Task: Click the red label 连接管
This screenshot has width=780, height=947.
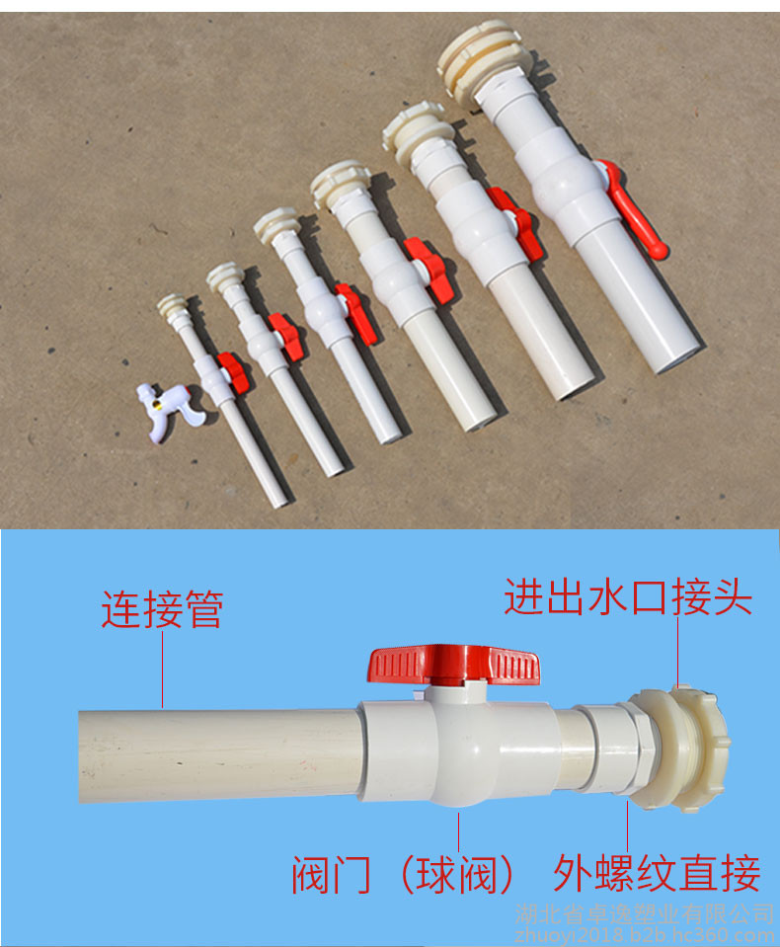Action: (x=162, y=608)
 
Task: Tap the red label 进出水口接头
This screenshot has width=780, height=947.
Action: (x=628, y=596)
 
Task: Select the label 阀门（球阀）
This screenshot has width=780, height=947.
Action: (x=403, y=875)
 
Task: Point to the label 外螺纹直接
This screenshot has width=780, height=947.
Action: (x=657, y=873)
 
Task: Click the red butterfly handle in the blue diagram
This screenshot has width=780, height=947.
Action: (x=453, y=665)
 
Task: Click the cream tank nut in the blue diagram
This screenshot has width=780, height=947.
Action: (x=679, y=749)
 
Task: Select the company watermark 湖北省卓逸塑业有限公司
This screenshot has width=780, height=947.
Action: (x=644, y=913)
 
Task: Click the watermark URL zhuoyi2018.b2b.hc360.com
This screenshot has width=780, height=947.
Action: (x=644, y=935)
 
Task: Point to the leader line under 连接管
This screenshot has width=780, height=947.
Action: (x=162, y=670)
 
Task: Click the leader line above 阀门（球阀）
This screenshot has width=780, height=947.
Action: (x=459, y=831)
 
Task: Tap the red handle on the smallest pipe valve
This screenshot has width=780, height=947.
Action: (x=234, y=372)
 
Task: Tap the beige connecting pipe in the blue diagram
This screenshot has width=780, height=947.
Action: (x=220, y=756)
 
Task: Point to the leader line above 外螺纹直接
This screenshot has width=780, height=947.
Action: (x=628, y=825)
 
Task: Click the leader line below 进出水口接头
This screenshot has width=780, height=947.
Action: (x=677, y=653)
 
